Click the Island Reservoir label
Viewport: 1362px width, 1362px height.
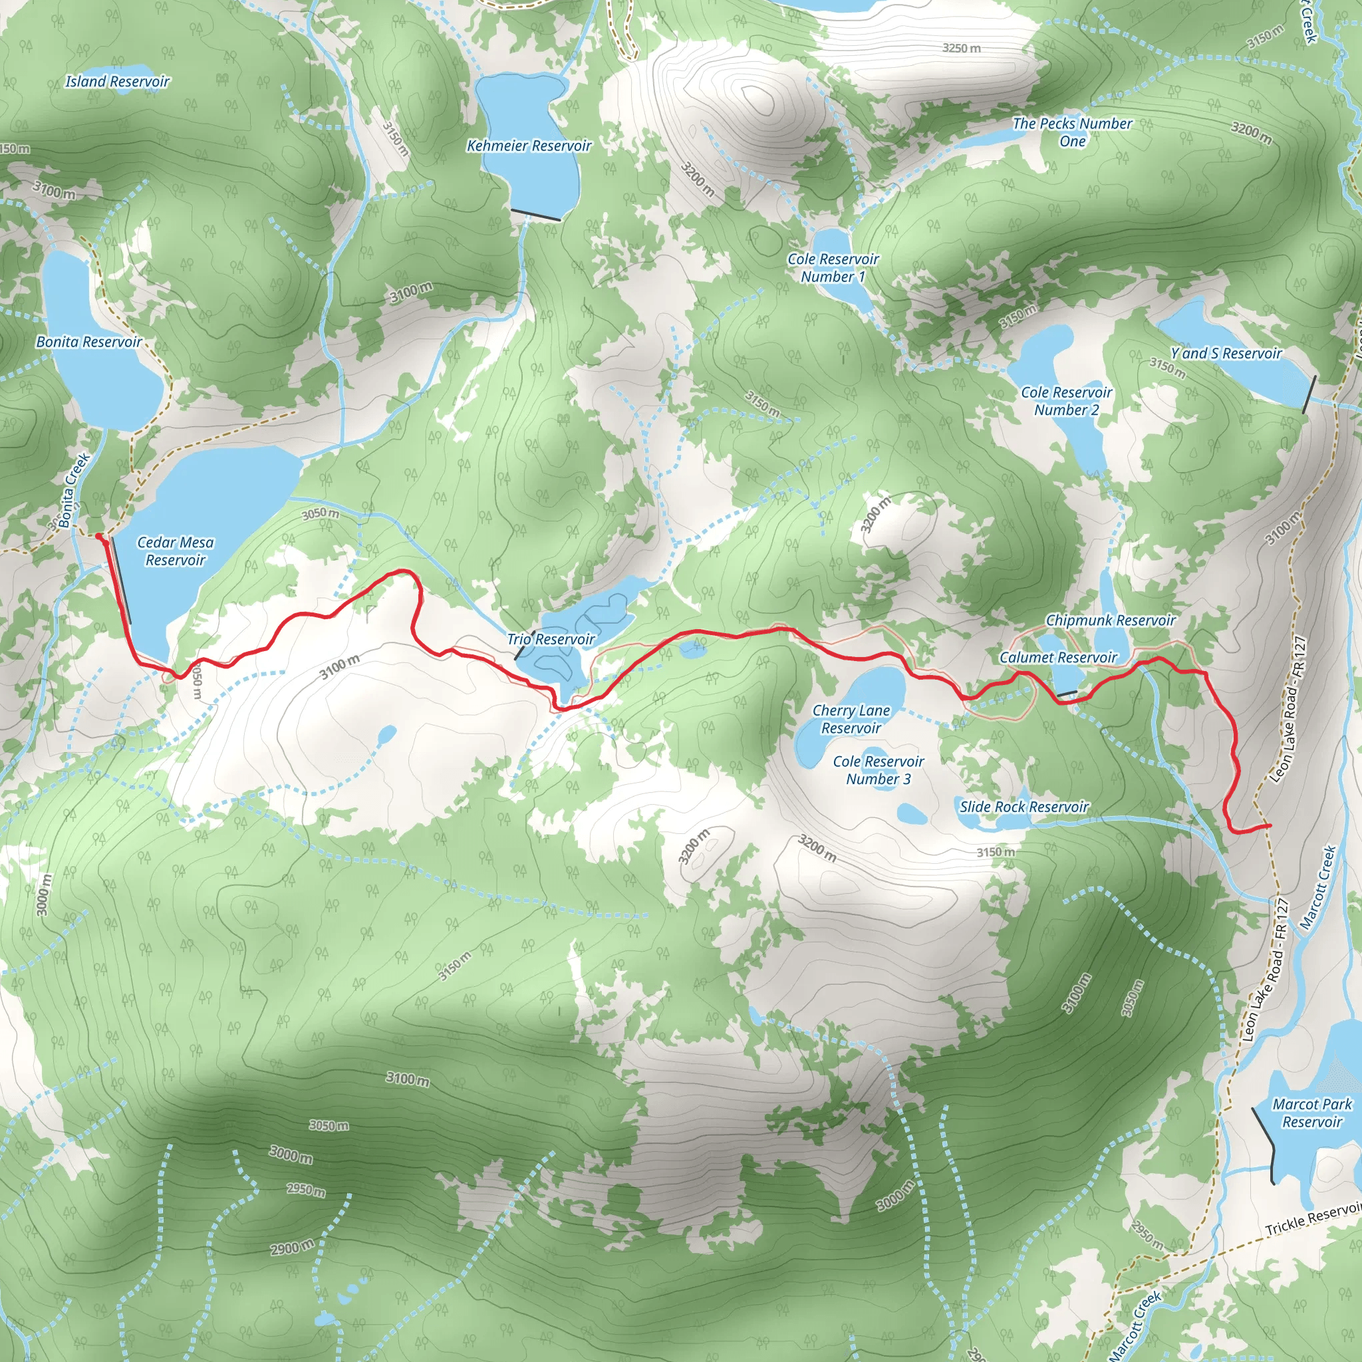coord(118,81)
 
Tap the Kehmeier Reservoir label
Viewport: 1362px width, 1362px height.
coord(529,145)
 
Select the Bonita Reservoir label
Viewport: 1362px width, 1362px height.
coord(89,341)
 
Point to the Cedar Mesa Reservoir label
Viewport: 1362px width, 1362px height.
coord(175,551)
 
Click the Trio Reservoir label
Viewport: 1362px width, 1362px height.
coord(551,638)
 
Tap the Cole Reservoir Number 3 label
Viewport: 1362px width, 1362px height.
coord(878,770)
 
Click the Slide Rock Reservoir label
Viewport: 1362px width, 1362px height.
coord(1023,807)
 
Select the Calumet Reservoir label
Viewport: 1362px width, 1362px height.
coord(1058,657)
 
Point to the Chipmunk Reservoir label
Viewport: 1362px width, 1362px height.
coord(1111,620)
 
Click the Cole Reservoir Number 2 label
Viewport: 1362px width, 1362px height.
coord(1066,400)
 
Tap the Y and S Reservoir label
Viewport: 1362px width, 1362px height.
coord(1225,353)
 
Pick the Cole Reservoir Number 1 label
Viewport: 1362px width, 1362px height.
coord(833,267)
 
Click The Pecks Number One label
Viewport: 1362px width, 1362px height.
coord(1072,132)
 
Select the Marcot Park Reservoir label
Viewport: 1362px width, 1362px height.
coord(1312,1113)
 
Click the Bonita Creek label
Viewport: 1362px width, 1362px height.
coord(73,490)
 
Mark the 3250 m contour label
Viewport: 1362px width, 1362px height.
coord(962,48)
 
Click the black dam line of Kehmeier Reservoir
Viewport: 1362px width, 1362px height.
coord(535,215)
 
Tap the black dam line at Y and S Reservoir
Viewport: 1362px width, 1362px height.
coord(1309,394)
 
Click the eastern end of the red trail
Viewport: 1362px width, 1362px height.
coord(1270,825)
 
